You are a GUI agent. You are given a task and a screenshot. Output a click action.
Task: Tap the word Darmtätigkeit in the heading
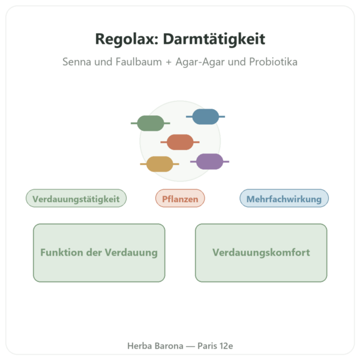pos(214,39)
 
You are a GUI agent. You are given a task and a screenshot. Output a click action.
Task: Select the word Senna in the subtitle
pos(77,62)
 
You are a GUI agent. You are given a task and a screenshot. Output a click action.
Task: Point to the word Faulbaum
pos(139,62)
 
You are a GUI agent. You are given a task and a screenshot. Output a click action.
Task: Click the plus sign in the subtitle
pos(169,62)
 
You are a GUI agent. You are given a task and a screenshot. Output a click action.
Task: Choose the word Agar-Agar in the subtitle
pos(200,62)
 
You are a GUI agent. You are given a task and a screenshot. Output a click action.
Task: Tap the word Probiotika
pos(273,62)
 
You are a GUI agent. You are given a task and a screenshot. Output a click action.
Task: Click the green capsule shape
pos(151,123)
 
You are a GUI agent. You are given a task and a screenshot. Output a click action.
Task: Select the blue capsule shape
pos(205,116)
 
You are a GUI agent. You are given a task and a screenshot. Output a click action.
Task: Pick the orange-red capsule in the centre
pos(180,142)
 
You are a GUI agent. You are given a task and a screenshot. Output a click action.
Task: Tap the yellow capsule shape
pos(160,164)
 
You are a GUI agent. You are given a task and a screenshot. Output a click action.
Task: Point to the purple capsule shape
pos(209,161)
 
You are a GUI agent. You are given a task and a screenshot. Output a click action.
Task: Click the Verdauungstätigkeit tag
pos(76,198)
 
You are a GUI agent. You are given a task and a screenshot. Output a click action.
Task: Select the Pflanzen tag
pos(180,198)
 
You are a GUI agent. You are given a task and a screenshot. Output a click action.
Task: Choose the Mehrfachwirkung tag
pos(284,198)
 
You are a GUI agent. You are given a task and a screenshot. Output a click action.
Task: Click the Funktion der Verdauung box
pos(99,253)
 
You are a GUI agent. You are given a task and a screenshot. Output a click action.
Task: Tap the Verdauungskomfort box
pos(261,253)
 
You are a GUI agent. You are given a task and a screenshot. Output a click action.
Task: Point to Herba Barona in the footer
pos(155,346)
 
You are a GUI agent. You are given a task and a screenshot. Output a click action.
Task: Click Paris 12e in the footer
pos(215,346)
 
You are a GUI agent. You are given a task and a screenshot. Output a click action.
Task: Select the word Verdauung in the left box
pos(131,253)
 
